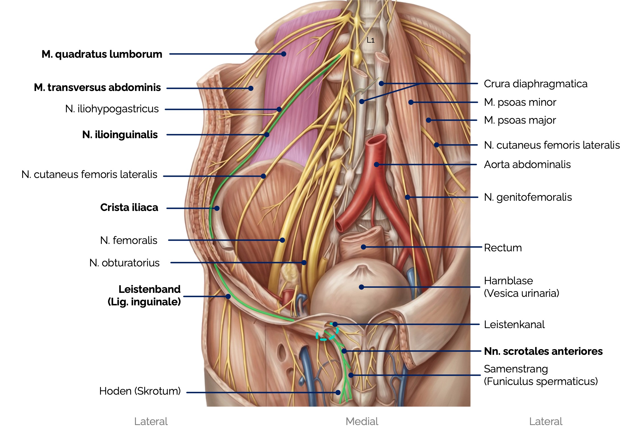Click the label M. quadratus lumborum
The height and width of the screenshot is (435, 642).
tap(102, 54)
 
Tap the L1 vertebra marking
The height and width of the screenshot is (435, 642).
tap(371, 40)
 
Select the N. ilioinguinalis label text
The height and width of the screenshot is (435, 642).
tap(120, 134)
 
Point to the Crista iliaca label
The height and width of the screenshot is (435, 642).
tap(129, 208)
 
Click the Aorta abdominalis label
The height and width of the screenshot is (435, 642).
tap(527, 165)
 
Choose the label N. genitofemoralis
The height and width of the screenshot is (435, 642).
tap(528, 197)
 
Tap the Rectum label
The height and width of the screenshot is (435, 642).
tap(503, 248)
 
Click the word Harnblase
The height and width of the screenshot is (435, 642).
tap(508, 281)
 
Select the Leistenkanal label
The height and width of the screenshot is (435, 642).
tap(514, 324)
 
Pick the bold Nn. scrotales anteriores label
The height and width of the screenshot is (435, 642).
tap(543, 351)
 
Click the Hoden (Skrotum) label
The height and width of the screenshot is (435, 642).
tap(140, 391)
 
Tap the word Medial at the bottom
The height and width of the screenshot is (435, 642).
tap(362, 421)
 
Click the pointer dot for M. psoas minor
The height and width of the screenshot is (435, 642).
tap(411, 102)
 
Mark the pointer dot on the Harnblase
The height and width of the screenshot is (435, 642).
tap(361, 287)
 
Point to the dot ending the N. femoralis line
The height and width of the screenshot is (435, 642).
tap(282, 240)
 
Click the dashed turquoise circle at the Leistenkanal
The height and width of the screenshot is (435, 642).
tap(327, 333)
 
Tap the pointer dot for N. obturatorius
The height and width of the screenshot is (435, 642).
tap(304, 262)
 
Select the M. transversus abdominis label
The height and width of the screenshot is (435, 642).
tap(97, 88)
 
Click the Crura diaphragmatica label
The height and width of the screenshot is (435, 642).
tap(535, 84)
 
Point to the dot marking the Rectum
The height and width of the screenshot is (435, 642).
tap(363, 247)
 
